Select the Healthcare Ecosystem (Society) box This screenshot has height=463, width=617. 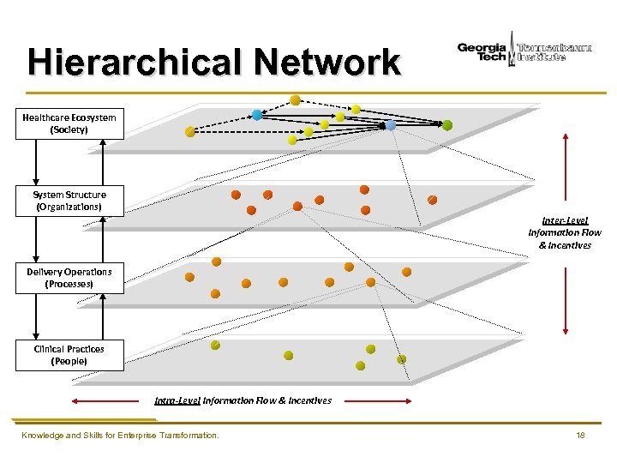point(69,123)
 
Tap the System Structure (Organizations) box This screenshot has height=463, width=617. point(69,201)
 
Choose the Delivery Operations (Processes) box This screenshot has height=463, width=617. point(69,278)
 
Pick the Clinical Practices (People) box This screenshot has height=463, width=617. point(69,355)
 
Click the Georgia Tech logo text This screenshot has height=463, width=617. point(482,51)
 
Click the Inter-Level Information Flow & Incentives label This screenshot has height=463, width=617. point(565,232)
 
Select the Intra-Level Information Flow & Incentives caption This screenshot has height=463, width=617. point(243,400)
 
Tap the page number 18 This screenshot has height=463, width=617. point(580,436)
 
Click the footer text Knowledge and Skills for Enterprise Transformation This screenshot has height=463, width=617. point(120,436)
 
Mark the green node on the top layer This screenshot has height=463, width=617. point(447,125)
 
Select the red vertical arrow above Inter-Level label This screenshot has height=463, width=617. point(565,166)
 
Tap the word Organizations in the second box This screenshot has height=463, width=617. point(69,207)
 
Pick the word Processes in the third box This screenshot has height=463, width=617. point(69,284)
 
